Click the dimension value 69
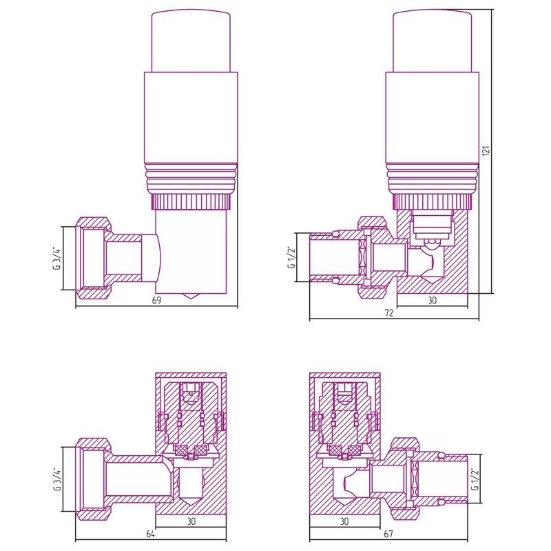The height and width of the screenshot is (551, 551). point(156,301)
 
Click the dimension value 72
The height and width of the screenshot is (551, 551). point(389,313)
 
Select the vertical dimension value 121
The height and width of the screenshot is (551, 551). point(486,150)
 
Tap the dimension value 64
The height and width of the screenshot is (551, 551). point(150,534)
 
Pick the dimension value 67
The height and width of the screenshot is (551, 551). point(388,534)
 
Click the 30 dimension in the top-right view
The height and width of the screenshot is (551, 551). point(433,300)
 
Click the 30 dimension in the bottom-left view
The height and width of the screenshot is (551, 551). point(191,521)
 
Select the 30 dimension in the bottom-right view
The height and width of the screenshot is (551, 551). point(344,521)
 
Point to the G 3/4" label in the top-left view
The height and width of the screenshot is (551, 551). point(56,259)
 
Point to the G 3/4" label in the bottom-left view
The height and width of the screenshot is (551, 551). point(56,479)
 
